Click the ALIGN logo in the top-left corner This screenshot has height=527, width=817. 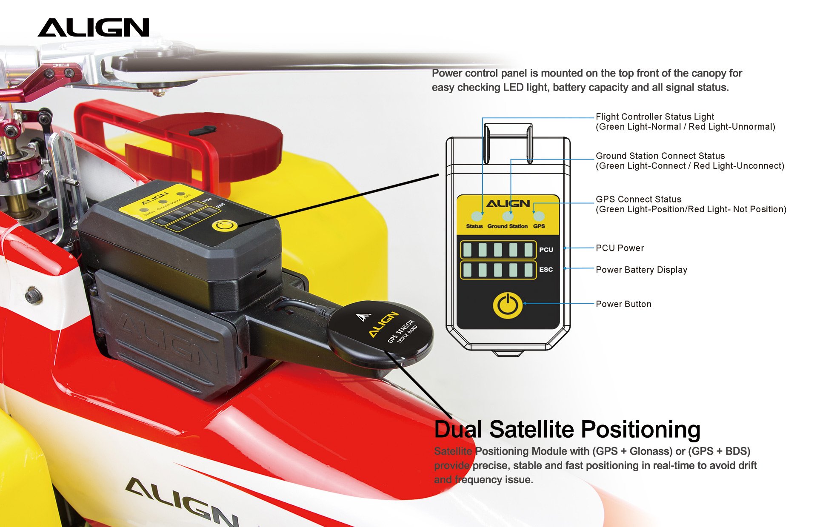[x=94, y=27]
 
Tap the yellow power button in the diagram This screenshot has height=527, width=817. [x=508, y=305]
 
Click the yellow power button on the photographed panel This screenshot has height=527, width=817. [x=224, y=225]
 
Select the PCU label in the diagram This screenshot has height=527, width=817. [x=546, y=250]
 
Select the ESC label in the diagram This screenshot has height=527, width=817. [x=546, y=270]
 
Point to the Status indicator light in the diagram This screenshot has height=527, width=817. [x=477, y=216]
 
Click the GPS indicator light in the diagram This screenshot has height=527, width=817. [x=539, y=216]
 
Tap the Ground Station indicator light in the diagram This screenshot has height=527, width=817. [x=508, y=216]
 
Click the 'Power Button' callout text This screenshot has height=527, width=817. [x=623, y=304]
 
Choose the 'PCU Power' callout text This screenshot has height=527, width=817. [x=620, y=248]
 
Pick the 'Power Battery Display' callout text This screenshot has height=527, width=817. [x=641, y=270]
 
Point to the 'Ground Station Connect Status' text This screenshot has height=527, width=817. [x=660, y=156]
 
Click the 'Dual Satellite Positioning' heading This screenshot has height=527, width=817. [x=567, y=429]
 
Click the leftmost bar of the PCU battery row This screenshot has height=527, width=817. [x=467, y=250]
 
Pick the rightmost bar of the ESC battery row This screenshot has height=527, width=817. [x=528, y=270]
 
